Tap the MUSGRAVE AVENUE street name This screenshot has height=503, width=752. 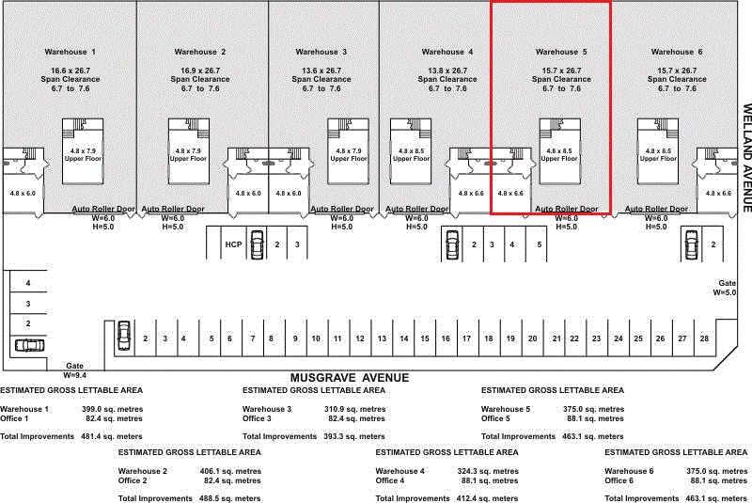350,378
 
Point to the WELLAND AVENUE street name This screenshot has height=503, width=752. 746,158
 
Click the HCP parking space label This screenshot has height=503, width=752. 233,244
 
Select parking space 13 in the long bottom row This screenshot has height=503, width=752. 382,338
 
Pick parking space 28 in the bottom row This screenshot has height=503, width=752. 704,338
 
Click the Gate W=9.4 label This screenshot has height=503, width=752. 75,370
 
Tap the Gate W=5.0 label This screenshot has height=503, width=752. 725,288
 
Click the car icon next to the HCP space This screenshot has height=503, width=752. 258,244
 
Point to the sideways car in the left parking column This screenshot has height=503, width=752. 30,345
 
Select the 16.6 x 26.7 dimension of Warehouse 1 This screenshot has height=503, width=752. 70,71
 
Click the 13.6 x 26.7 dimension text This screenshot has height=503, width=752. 321,71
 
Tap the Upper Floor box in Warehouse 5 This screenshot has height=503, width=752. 559,151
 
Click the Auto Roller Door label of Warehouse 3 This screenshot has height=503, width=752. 341,209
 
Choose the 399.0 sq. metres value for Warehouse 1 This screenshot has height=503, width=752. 112,409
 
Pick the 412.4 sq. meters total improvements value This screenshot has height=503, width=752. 487,498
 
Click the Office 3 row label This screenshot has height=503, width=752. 257,418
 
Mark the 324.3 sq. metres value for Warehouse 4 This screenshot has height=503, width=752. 488,471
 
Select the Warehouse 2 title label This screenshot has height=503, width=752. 200,52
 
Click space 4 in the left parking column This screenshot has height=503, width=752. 28,283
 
